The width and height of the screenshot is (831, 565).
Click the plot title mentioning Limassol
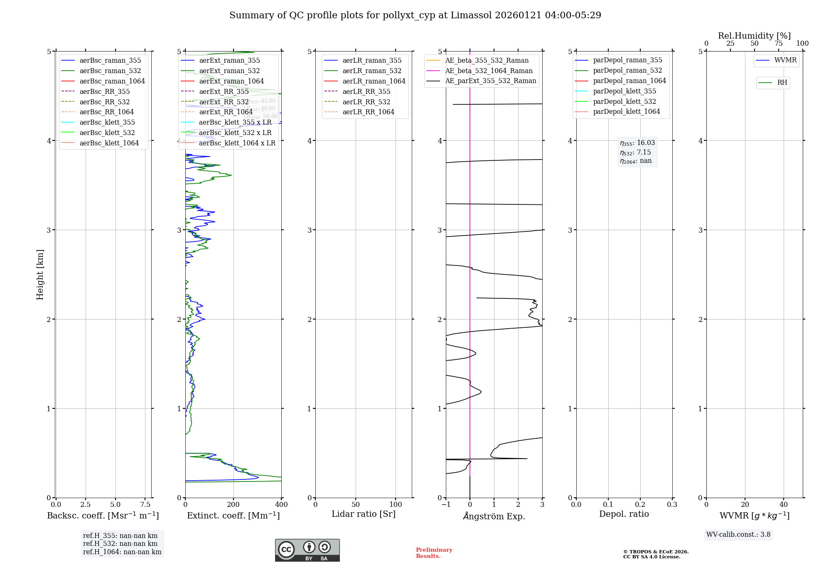pos(415,15)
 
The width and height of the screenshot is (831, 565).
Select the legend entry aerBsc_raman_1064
pos(112,81)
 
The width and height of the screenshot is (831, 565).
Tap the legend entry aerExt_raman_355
pos(229,60)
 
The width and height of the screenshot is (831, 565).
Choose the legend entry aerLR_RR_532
pos(366,102)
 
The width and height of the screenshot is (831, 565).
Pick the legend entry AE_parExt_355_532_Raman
pos(490,81)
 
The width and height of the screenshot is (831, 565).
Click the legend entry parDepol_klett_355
pos(624,91)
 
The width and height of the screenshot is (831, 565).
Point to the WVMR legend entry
pos(785,60)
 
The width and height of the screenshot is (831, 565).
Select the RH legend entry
pos(782,83)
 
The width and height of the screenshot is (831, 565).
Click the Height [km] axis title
pos(40,274)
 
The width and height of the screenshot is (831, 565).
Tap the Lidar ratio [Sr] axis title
pos(364,514)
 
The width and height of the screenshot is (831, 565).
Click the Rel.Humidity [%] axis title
pos(754,36)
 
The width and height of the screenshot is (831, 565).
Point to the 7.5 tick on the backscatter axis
pos(145,504)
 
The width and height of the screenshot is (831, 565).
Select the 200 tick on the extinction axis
pos(234,504)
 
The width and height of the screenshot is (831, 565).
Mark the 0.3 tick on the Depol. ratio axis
pos(672,504)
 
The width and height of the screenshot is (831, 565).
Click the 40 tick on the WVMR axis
pos(784,504)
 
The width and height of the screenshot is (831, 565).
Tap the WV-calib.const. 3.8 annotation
pos(738,535)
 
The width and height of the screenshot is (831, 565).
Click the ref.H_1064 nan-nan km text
pos(122,552)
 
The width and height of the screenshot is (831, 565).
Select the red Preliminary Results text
pos(434,553)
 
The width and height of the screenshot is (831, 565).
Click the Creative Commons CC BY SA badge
pos(307,550)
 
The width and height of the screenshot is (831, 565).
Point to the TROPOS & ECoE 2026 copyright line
pos(656,552)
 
